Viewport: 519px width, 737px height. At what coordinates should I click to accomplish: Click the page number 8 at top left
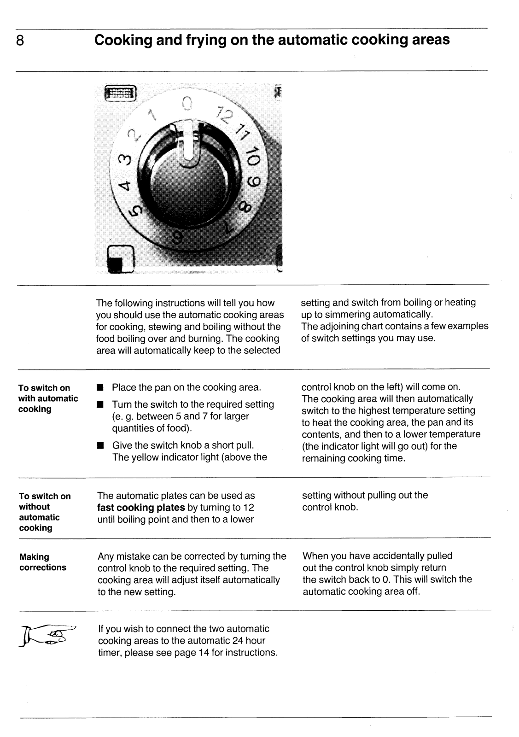pyautogui.click(x=20, y=41)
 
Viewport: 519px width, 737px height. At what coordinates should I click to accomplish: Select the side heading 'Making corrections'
pyautogui.click(x=43, y=562)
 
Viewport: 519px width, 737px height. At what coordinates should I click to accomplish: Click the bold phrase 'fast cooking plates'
pyautogui.click(x=141, y=508)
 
